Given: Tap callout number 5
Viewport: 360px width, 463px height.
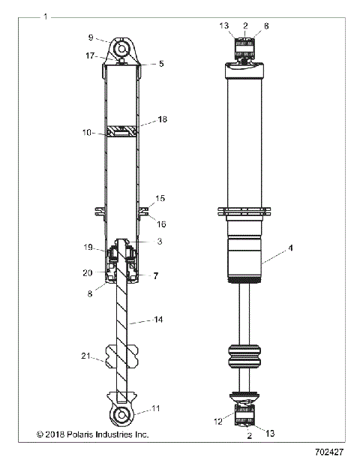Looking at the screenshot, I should coord(160,65).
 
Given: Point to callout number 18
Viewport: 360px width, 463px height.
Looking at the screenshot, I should coord(163,120).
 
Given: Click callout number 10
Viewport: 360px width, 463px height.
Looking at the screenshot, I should coord(87,133).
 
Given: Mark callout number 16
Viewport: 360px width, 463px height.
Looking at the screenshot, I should coord(161,224).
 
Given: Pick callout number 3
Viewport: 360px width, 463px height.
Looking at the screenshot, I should coord(160,242).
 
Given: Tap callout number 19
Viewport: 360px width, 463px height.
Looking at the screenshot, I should coord(88,247).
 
